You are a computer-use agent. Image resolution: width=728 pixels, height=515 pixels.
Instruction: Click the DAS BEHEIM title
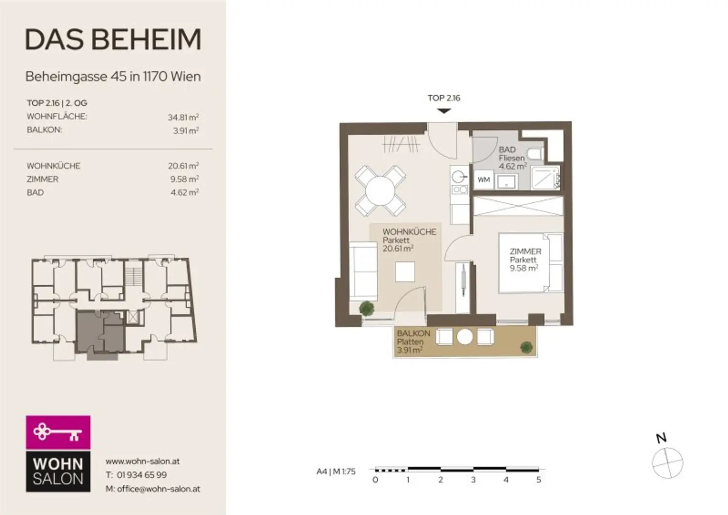pos(113,40)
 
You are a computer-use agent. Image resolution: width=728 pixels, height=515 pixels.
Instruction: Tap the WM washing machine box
pos(483,180)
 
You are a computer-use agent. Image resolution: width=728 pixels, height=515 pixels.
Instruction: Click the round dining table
pos(380,191)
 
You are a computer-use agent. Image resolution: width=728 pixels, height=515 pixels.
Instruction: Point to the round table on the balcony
pos(465,336)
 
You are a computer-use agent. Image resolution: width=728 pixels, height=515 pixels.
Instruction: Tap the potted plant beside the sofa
pos(366,308)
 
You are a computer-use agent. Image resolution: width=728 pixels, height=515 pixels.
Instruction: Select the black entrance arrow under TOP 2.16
pos(444,111)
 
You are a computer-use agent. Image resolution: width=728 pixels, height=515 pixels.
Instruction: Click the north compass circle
pos(667,463)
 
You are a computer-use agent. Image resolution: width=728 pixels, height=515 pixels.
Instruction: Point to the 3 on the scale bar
pos(473,479)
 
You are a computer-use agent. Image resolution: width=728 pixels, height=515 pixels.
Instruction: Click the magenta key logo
pos(58,432)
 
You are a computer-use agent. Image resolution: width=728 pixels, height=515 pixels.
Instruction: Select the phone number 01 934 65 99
pos(142,475)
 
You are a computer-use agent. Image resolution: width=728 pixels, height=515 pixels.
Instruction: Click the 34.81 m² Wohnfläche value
pos(183,117)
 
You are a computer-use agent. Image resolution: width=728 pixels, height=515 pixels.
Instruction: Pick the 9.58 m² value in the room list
pos(184,179)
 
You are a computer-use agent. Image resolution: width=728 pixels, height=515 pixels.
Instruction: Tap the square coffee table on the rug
pos(405,271)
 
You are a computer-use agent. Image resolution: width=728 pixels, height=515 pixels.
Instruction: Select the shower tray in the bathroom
pos(546,178)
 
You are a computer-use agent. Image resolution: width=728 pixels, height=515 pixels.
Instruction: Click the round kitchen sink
pos(458,177)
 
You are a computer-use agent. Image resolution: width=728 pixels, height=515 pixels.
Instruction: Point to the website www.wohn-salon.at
pos(142,461)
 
